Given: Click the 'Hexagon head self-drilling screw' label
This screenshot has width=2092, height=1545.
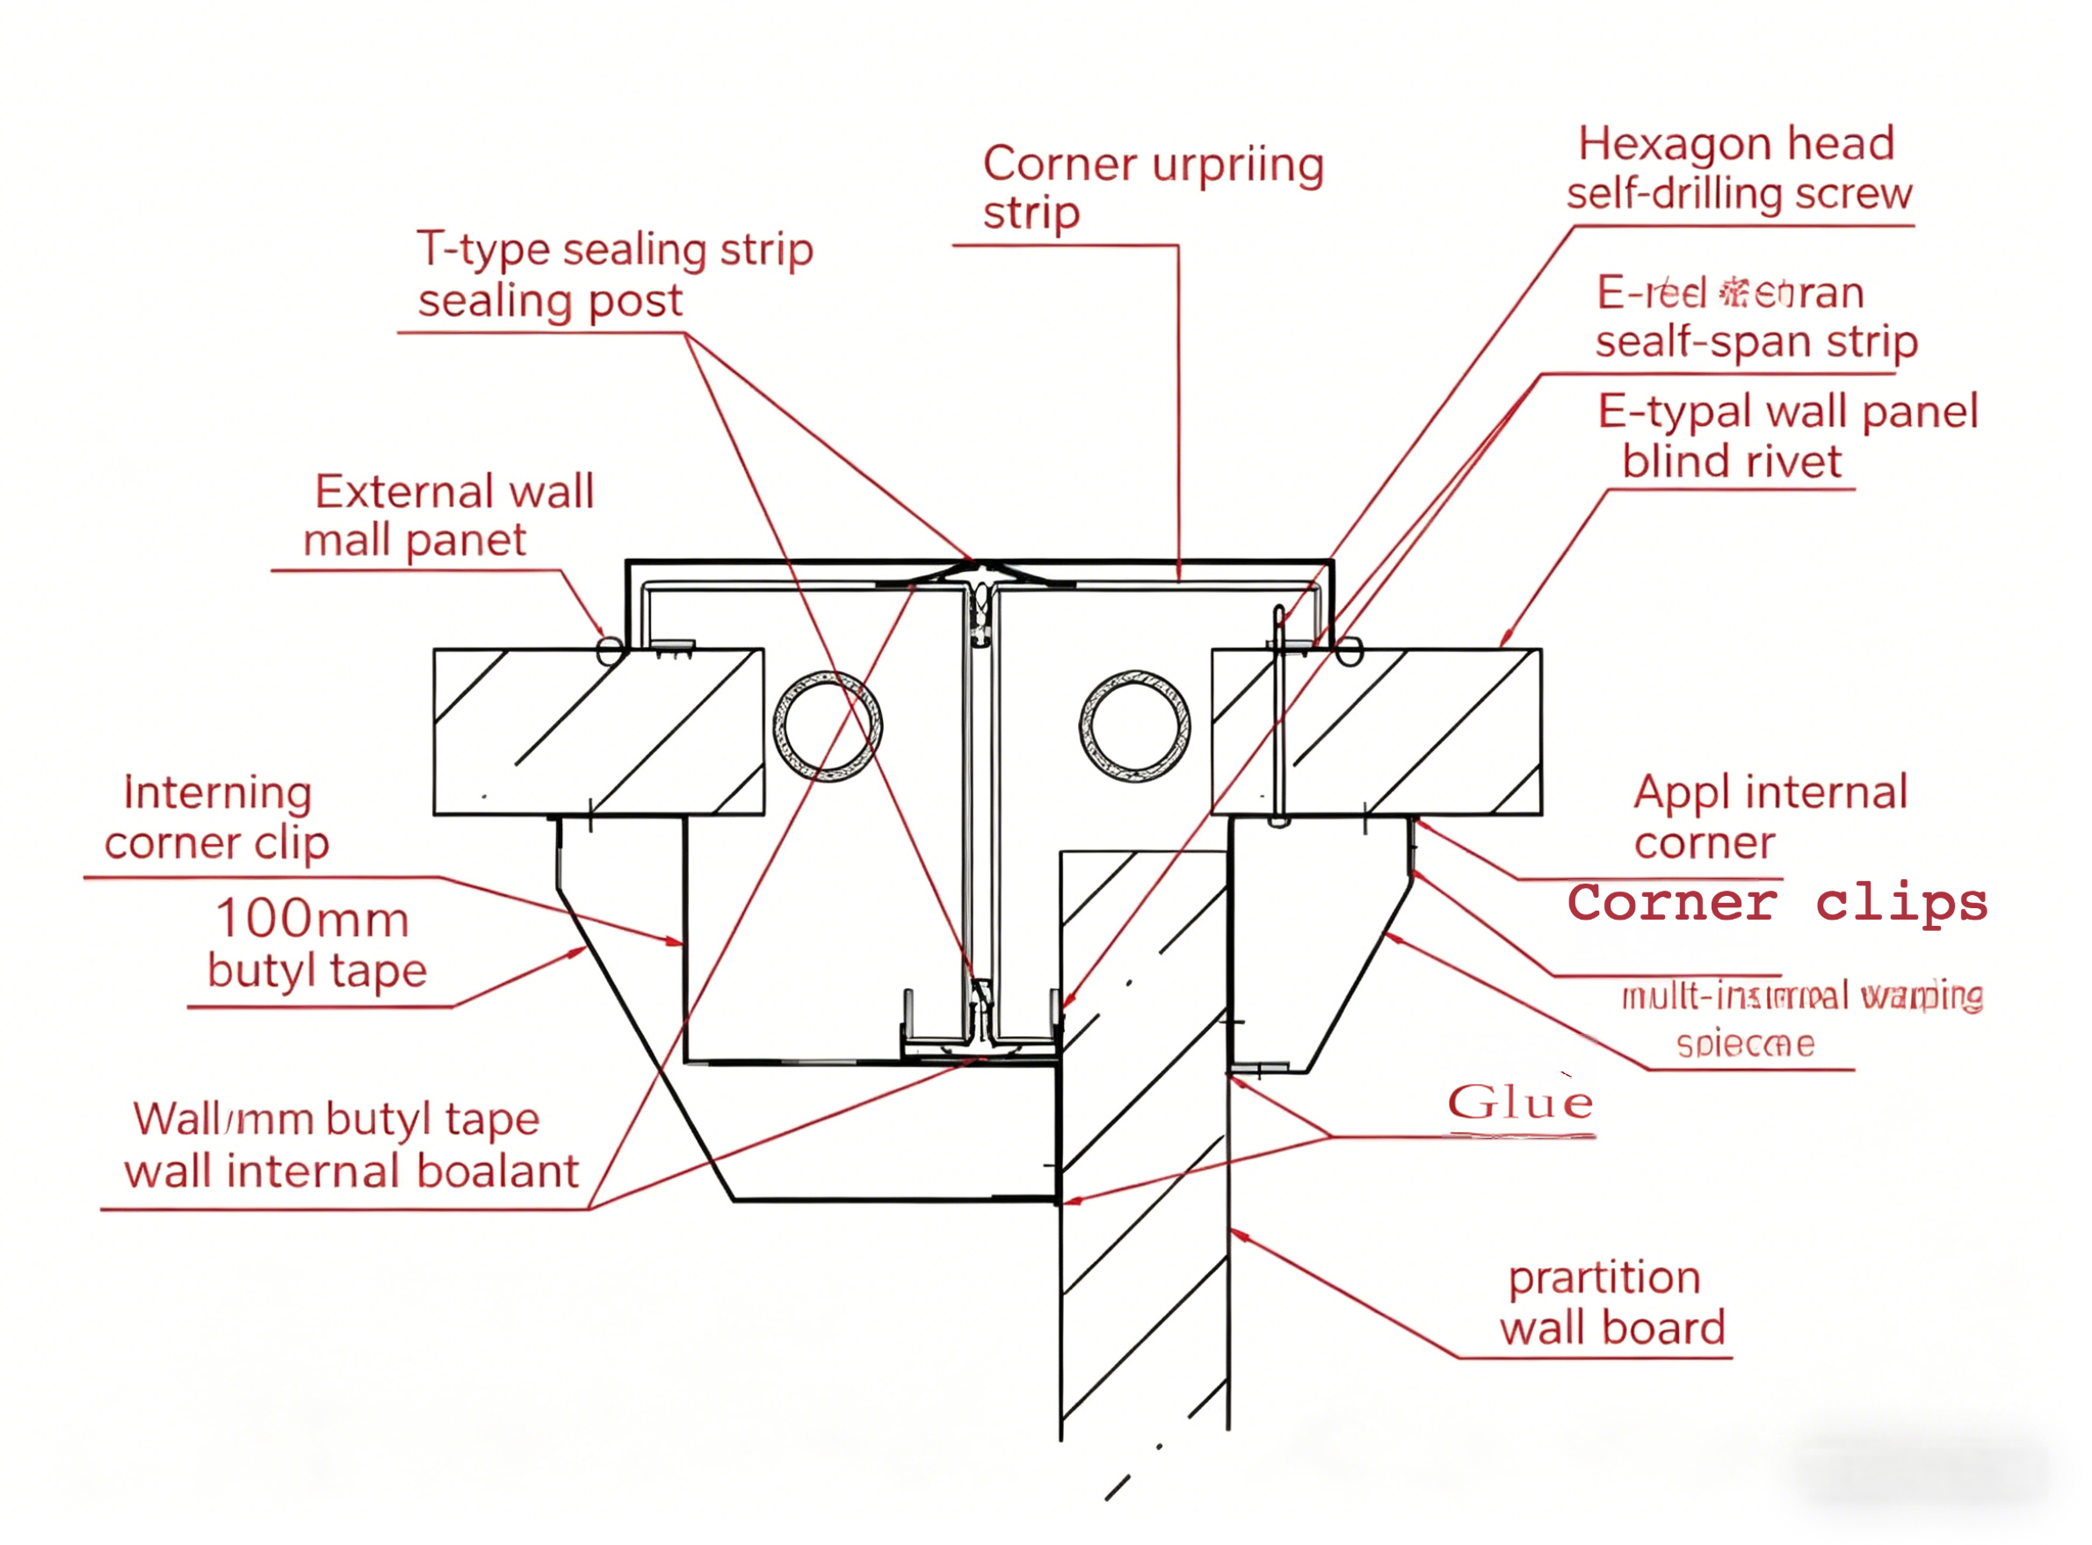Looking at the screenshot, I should coord(1738,169).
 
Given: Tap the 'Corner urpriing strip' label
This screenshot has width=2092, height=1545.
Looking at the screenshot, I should coord(1152,187).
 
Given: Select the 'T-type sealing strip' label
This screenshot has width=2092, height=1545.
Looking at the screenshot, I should coord(615,249).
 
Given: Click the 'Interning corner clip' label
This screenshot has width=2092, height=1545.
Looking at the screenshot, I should coord(217,818).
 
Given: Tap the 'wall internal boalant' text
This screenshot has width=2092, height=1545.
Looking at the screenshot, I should coord(351,1171).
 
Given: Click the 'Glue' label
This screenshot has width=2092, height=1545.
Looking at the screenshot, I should coord(1519,1102).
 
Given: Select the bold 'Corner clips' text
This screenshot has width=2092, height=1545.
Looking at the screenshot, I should coord(1777,904).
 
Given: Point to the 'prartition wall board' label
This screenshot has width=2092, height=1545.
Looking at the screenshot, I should coord(1611,1303).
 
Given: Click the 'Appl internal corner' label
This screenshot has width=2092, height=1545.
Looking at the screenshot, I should coord(1769,818).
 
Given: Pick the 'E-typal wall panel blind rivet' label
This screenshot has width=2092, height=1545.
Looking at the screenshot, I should coord(1787,436).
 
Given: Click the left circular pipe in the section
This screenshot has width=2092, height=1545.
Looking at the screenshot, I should coord(827,726).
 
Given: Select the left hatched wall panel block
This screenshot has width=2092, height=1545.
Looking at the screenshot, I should coord(599,732).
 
